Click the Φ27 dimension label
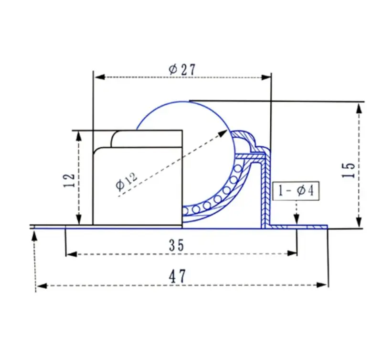[182, 70]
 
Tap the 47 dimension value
[177, 276]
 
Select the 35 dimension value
[177, 245]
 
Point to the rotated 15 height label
[349, 170]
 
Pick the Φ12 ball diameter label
[126, 181]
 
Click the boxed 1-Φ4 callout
[296, 191]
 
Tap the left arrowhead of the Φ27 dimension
[100, 77]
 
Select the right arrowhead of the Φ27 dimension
[266, 77]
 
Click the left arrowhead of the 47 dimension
[42, 285]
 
